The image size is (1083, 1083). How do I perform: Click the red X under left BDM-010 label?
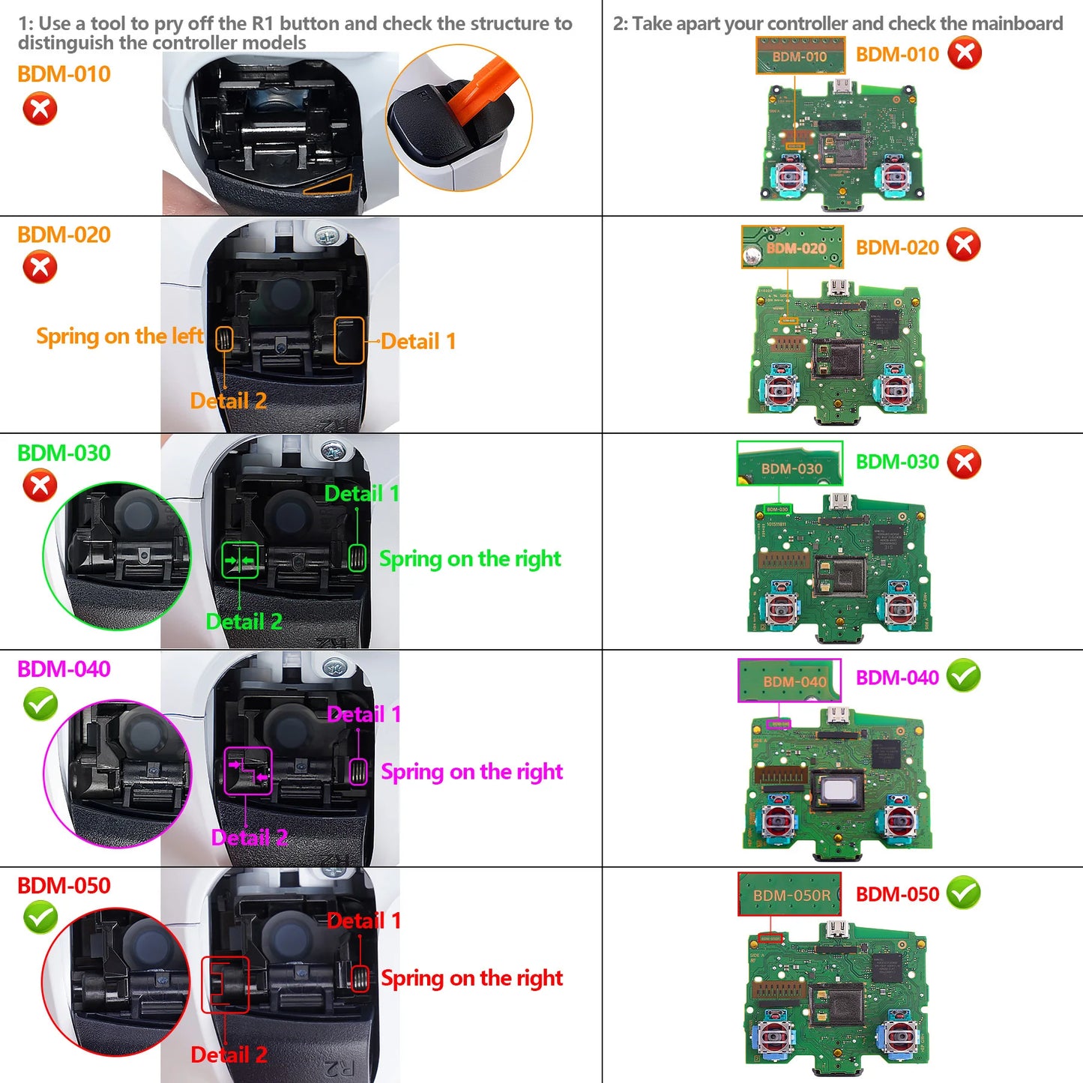[x=40, y=109]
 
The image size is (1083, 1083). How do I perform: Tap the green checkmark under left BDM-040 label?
[x=40, y=705]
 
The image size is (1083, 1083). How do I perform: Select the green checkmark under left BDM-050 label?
[x=40, y=917]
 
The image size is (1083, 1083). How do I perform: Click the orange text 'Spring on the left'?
[x=119, y=337]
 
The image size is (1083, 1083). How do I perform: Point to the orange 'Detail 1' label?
[x=418, y=342]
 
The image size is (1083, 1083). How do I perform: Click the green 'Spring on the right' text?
[x=470, y=559]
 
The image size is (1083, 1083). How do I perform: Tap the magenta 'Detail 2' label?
[x=250, y=838]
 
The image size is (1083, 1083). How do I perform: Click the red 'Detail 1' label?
[x=363, y=921]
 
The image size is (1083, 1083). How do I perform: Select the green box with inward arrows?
[x=241, y=561]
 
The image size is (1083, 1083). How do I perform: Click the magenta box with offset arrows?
[x=248, y=771]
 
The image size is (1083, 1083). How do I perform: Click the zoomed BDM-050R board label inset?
[x=790, y=894]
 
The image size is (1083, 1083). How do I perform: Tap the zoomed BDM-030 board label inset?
[x=790, y=464]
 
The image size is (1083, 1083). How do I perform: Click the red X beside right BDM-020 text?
[x=964, y=245]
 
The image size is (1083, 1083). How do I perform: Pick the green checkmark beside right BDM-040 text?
[x=964, y=676]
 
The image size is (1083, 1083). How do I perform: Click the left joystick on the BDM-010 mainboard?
[x=790, y=175]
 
